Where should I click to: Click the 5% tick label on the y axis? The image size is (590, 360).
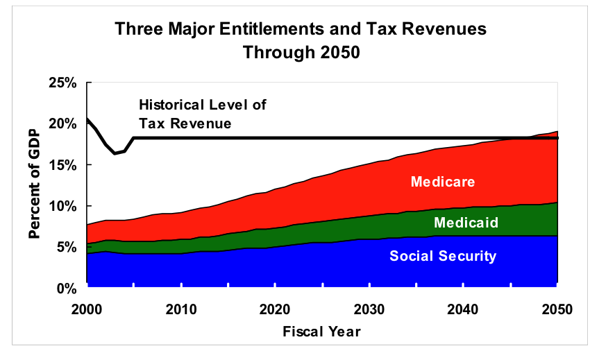click(x=67, y=248)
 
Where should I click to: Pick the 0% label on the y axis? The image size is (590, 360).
click(x=67, y=288)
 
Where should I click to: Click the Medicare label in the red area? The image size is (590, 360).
click(x=443, y=182)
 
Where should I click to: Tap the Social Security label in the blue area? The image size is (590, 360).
click(x=443, y=256)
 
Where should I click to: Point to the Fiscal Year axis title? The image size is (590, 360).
click(x=321, y=332)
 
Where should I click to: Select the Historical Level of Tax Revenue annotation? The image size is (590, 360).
click(x=202, y=114)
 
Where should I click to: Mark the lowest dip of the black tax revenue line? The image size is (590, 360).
click(x=115, y=153)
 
